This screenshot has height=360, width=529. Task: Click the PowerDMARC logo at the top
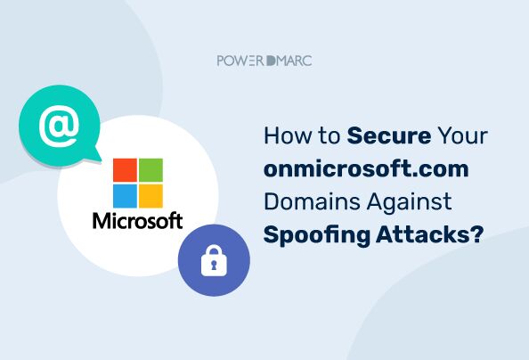point(264,61)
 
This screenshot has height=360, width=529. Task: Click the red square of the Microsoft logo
point(124,169)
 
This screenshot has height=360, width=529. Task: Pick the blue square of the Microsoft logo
point(124,194)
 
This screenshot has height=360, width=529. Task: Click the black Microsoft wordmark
point(137,220)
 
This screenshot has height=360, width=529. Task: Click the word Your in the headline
point(463,137)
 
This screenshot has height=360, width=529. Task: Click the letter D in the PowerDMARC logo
point(267,61)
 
